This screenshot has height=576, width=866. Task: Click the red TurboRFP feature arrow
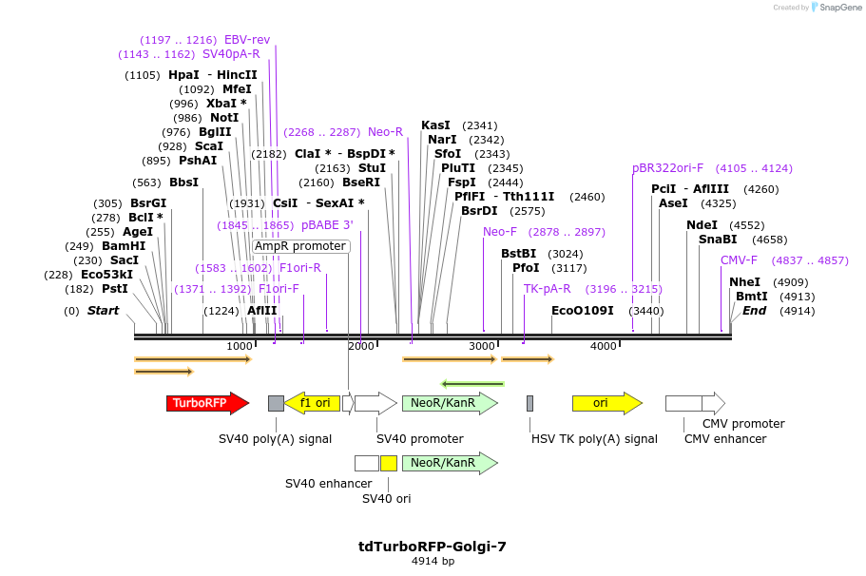point(205,403)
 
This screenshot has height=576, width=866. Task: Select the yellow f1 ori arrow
point(310,403)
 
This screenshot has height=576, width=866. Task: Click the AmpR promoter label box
point(300,246)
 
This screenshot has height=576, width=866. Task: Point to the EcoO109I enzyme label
point(582,311)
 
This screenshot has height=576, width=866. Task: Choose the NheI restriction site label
point(744,282)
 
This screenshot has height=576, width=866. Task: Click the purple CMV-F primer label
point(739,260)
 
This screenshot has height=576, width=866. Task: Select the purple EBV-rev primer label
point(247,40)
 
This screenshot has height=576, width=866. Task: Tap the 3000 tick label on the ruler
point(482,346)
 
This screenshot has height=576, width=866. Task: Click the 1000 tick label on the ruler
point(240,346)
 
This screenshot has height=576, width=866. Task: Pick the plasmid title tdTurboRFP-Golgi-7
point(433,547)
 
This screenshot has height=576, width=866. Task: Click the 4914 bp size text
point(433,562)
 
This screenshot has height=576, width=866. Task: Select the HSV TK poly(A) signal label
point(594,439)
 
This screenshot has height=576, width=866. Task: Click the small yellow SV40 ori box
point(389,464)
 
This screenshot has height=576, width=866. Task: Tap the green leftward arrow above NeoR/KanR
point(471,384)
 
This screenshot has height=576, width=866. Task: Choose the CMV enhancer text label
point(724,439)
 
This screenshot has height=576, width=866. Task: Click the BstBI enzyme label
point(519,254)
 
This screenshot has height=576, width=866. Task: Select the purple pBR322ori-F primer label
point(667,168)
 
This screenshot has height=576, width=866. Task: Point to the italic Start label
point(104,311)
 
